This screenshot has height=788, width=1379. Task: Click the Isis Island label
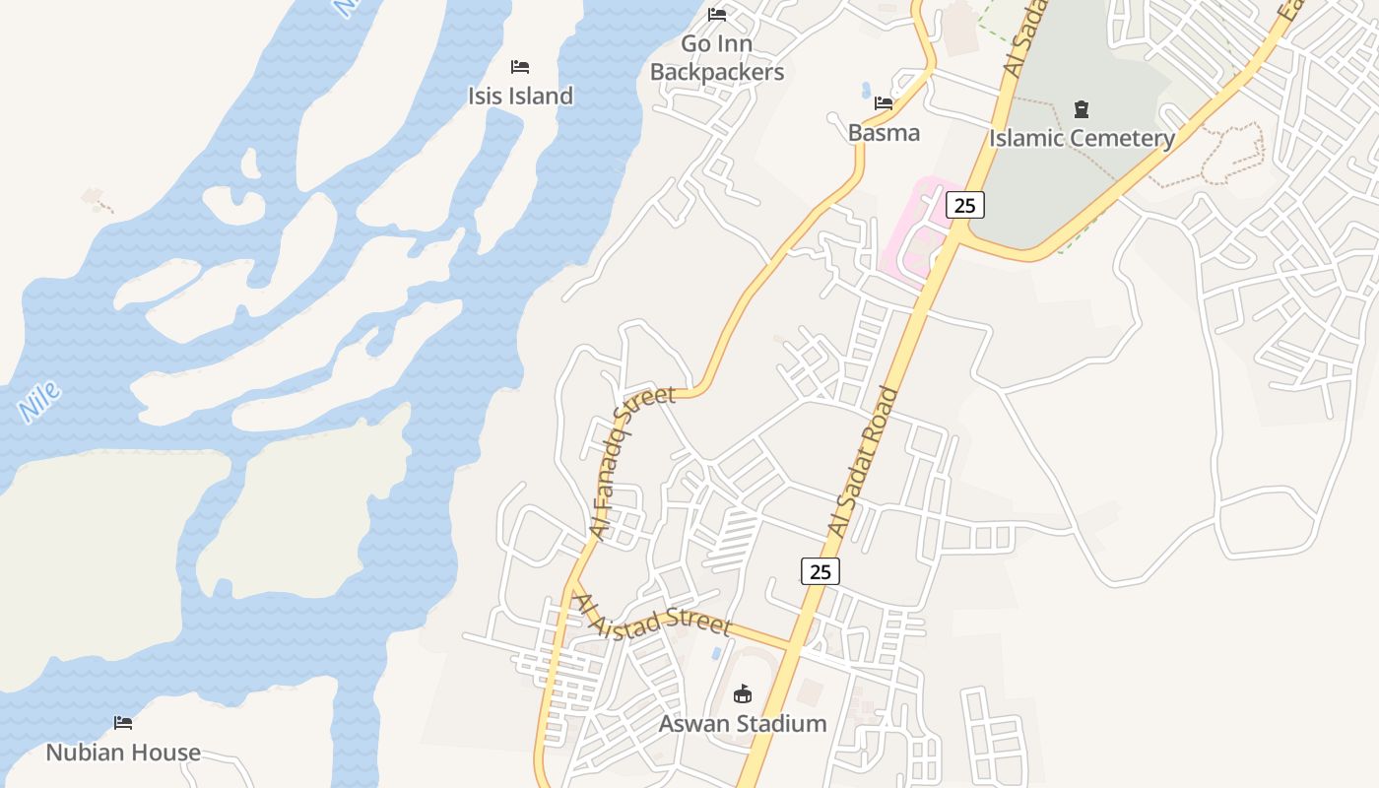(x=520, y=96)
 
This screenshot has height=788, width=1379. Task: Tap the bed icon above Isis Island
(x=520, y=67)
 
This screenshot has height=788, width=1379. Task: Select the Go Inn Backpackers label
(x=717, y=58)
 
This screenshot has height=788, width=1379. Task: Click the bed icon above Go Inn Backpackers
(x=717, y=15)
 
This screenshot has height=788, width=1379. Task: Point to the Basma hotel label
(x=884, y=133)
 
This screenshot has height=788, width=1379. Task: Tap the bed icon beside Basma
(x=884, y=102)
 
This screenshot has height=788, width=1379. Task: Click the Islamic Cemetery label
(x=1082, y=138)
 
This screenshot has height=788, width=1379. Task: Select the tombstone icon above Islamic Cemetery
(x=1082, y=108)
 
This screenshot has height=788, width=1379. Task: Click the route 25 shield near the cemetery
(x=964, y=205)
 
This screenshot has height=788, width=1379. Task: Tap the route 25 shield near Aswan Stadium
(x=820, y=570)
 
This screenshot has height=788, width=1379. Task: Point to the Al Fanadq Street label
(x=632, y=461)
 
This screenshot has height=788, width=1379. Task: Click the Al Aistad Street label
(x=654, y=615)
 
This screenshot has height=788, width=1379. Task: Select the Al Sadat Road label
(x=864, y=461)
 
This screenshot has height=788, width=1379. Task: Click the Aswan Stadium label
(x=742, y=724)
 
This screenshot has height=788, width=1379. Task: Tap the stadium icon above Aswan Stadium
(x=742, y=694)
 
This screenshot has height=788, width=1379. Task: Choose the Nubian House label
(x=123, y=753)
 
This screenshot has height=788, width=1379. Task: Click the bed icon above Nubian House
(x=123, y=723)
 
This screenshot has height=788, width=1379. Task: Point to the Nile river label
(x=40, y=402)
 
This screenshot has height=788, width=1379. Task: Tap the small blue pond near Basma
(x=866, y=91)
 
